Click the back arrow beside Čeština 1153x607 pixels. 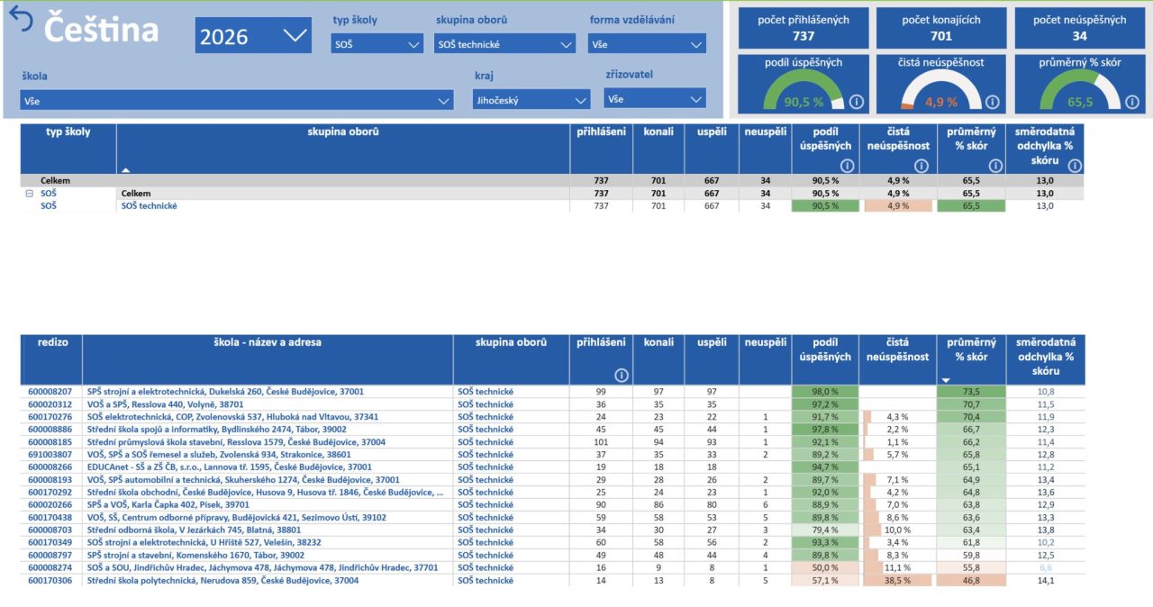tap(21, 19)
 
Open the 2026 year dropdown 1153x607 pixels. tap(253, 35)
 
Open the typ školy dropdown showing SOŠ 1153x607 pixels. tap(377, 44)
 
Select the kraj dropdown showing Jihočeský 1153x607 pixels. tap(531, 100)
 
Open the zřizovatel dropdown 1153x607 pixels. tap(655, 99)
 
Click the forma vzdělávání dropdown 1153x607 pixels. tap(647, 44)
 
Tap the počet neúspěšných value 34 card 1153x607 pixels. tap(1080, 28)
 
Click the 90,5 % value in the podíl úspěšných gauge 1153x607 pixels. tap(803, 102)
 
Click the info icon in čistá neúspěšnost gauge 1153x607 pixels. tap(993, 102)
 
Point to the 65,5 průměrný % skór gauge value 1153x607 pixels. tap(1080, 102)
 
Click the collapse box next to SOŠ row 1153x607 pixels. tap(30, 194)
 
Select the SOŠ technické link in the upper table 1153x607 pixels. tap(149, 205)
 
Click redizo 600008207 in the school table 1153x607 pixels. tap(50, 392)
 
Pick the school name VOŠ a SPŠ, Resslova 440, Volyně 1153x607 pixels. tap(165, 404)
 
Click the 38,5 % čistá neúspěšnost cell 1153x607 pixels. tap(898, 580)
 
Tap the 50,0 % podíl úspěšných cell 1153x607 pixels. tap(825, 568)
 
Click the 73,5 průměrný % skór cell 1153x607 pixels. tap(971, 392)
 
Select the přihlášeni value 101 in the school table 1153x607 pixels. tap(601, 442)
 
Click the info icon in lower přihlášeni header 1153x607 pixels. tap(622, 376)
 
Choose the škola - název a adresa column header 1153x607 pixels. tap(268, 342)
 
